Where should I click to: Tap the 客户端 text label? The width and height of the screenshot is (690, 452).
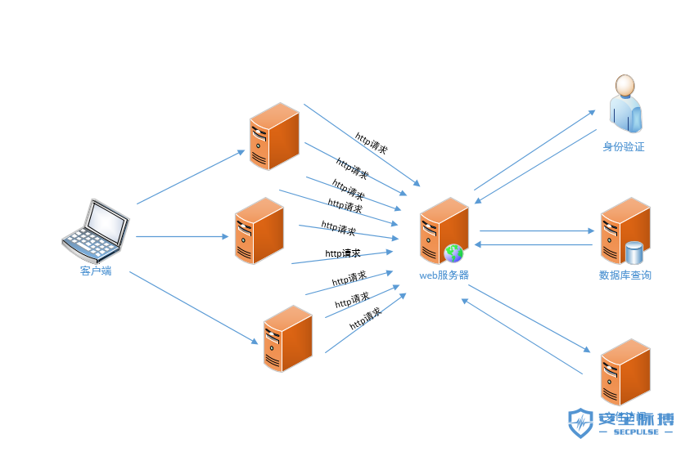(96, 271)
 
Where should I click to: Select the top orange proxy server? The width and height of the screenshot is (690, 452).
(274, 136)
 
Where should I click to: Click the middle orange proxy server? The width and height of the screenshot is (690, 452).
(259, 230)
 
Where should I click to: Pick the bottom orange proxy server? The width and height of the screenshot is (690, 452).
(287, 338)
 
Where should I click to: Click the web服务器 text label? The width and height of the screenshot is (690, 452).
(444, 275)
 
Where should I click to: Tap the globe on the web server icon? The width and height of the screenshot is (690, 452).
(453, 253)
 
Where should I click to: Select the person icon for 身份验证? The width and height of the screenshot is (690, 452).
(625, 104)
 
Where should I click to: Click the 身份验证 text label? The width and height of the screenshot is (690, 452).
(624, 147)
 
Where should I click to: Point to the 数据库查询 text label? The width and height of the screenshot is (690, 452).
(625, 275)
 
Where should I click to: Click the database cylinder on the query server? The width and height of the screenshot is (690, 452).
(634, 253)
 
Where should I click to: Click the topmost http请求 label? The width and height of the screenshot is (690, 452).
(372, 142)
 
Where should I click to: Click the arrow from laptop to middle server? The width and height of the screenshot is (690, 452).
(182, 237)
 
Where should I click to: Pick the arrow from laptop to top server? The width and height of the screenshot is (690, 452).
(190, 177)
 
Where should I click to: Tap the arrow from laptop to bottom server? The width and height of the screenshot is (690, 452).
(192, 307)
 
